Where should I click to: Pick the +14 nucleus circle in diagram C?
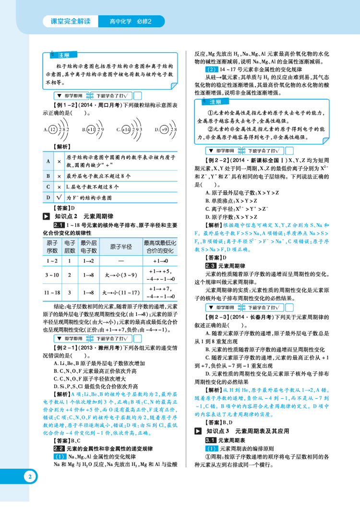(126, 129)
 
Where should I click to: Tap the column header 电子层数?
(70, 247)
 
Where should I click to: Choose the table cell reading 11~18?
(52, 292)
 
